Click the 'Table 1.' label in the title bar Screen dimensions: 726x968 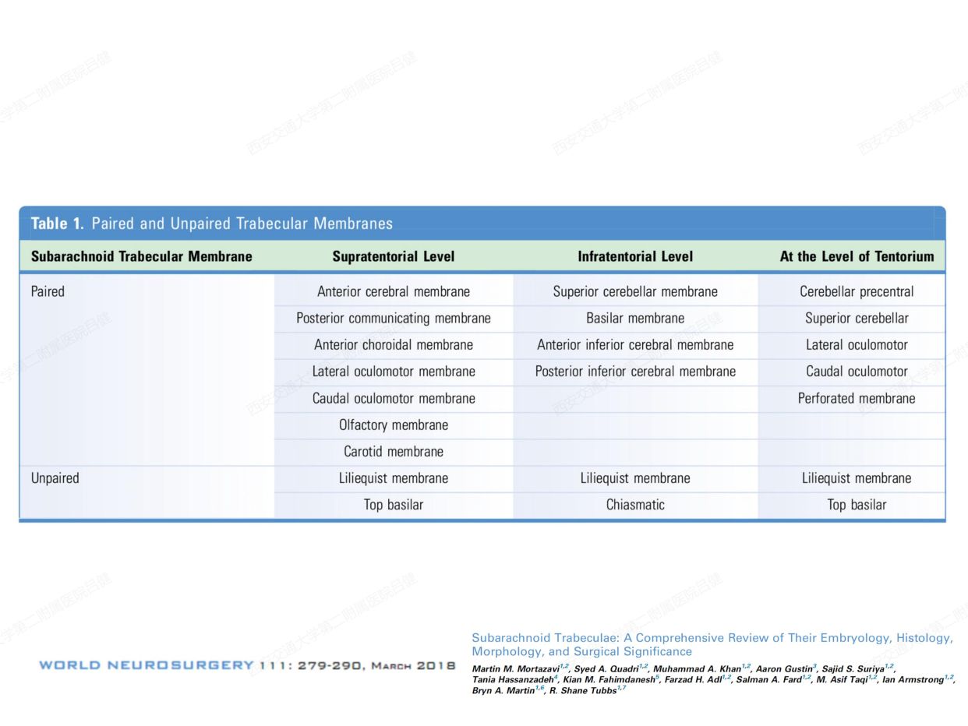pyautogui.click(x=57, y=224)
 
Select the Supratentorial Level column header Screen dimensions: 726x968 pyautogui.click(x=393, y=256)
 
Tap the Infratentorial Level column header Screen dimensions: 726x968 pyautogui.click(x=635, y=256)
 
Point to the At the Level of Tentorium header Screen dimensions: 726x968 pyautogui.click(x=857, y=256)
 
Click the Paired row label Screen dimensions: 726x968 pyautogui.click(x=48, y=291)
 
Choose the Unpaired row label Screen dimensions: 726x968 pyautogui.click(x=55, y=478)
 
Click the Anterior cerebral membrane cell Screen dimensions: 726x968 pyautogui.click(x=394, y=291)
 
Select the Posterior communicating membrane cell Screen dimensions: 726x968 pyautogui.click(x=394, y=318)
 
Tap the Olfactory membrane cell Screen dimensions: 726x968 pyautogui.click(x=394, y=425)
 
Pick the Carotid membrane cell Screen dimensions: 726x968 pyautogui.click(x=394, y=451)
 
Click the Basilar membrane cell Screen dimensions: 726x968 pyautogui.click(x=635, y=318)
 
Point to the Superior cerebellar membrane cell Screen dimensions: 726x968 pyautogui.click(x=635, y=291)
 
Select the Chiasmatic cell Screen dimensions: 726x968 pyautogui.click(x=635, y=505)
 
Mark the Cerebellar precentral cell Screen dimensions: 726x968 pyautogui.click(x=857, y=291)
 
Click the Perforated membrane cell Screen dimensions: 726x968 pyautogui.click(x=857, y=398)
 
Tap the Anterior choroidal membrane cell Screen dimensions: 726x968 pyautogui.click(x=394, y=344)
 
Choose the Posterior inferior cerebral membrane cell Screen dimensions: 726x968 pyautogui.click(x=635, y=372)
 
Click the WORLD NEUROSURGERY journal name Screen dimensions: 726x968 pyautogui.click(x=147, y=665)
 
